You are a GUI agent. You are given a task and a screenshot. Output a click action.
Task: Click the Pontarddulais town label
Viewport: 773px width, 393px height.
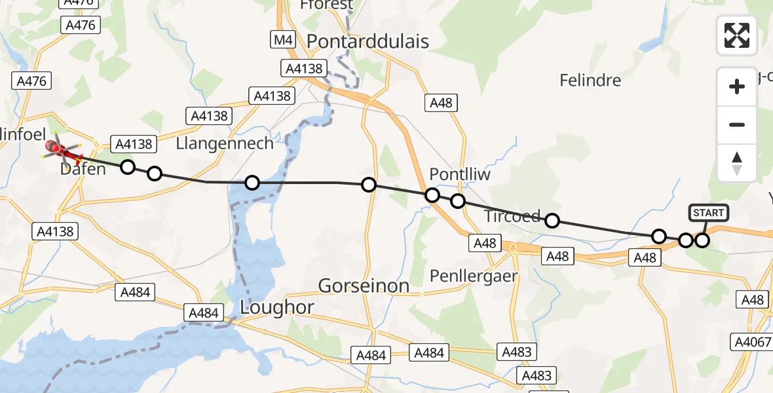tap(368, 42)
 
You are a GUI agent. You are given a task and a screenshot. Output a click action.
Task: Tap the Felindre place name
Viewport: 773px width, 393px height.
tap(590, 81)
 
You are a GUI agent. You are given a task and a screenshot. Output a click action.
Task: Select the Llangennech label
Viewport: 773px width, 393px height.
tap(225, 143)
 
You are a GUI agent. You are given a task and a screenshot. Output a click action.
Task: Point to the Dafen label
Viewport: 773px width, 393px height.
tap(83, 170)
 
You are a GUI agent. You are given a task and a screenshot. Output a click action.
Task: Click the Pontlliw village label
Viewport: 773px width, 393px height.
tap(460, 174)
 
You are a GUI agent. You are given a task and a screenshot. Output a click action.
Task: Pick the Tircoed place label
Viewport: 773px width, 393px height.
tap(512, 216)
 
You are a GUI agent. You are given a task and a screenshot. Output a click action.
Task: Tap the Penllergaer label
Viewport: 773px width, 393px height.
tap(473, 276)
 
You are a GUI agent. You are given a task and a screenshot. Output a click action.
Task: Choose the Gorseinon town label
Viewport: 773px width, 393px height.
tap(364, 286)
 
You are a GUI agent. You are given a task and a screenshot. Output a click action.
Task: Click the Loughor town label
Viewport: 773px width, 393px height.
tap(277, 307)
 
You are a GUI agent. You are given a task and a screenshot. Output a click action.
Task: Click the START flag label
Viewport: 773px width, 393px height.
tap(708, 213)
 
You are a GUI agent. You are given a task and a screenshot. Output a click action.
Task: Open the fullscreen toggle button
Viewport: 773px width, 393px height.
tap(737, 35)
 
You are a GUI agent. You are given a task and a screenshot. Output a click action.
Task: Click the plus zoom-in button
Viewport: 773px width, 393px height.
tap(737, 86)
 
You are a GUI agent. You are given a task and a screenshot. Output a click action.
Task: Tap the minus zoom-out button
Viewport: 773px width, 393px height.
tap(737, 124)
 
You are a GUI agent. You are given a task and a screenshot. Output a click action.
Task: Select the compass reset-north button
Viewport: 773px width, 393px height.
tap(737, 162)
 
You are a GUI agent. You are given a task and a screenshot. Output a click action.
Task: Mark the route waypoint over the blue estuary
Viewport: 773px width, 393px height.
tap(252, 183)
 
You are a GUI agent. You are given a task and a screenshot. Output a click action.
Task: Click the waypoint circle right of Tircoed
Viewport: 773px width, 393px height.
tap(552, 221)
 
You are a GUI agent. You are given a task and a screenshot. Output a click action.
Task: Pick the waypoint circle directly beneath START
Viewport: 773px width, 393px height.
tap(702, 240)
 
